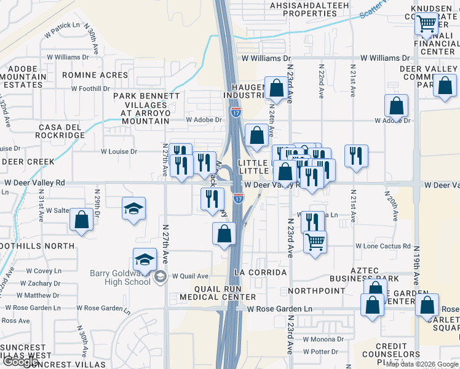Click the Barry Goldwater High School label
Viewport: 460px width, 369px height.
coord(111,277)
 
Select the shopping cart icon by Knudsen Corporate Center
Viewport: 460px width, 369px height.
coord(426,25)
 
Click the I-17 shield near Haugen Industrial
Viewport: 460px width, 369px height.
coord(236,111)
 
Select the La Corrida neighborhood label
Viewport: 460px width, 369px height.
coord(260,272)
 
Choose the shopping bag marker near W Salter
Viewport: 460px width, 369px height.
coord(81,220)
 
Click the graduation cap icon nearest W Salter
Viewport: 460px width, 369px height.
coord(133,208)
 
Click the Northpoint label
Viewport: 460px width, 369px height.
coord(316,290)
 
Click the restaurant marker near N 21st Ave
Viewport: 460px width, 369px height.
coord(356,156)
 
